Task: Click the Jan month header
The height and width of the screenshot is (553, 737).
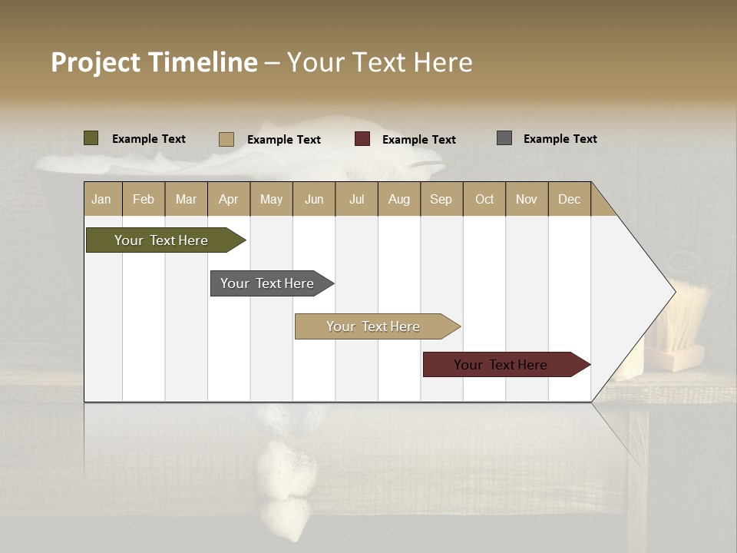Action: (x=101, y=199)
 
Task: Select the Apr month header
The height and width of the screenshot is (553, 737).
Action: (x=228, y=199)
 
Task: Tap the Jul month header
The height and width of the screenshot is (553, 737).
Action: (x=356, y=199)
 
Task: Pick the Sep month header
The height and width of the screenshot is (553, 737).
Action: (x=441, y=199)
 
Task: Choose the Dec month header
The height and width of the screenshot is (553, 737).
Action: (x=569, y=199)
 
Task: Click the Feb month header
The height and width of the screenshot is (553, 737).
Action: (x=144, y=199)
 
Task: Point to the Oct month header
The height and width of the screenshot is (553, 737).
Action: (x=484, y=199)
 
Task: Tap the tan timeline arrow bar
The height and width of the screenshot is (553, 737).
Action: (x=375, y=326)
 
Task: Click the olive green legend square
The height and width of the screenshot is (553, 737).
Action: (x=91, y=138)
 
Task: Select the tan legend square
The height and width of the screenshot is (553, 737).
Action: (x=226, y=139)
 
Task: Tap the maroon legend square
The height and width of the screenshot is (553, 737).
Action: (x=362, y=139)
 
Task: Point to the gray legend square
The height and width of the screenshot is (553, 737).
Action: (x=504, y=138)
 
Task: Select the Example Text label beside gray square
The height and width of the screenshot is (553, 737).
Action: (x=560, y=139)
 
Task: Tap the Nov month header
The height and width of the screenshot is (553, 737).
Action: (x=527, y=199)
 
